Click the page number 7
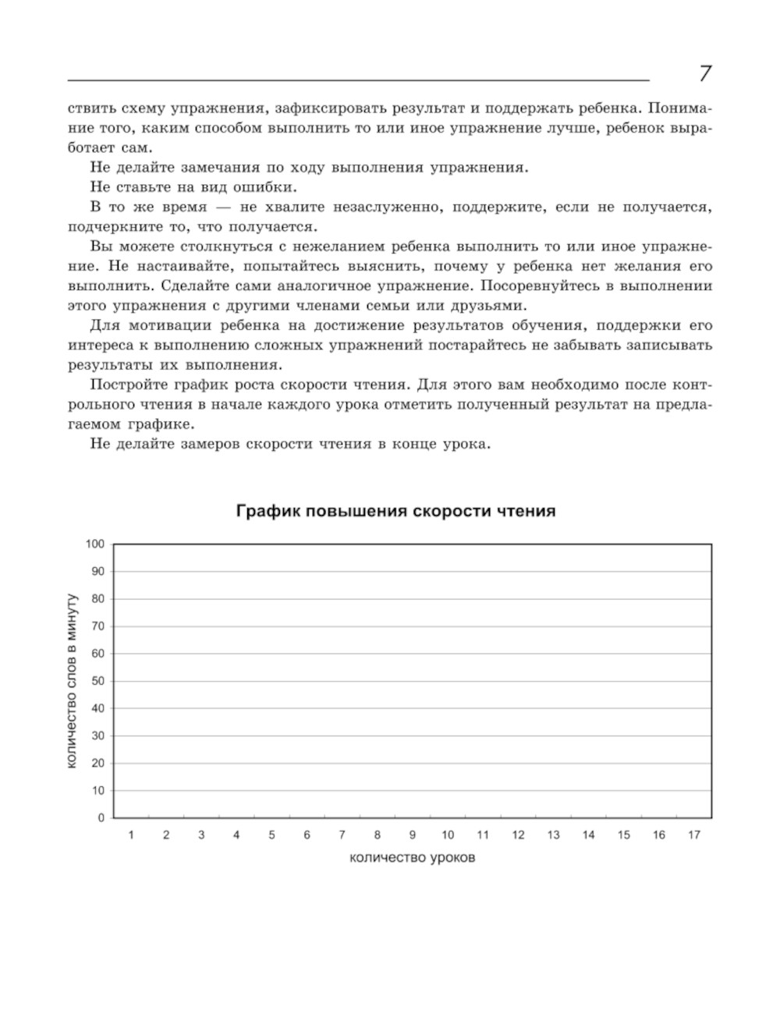[704, 74]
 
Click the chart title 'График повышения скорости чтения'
[395, 512]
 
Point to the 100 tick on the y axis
[95, 544]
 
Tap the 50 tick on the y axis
[98, 681]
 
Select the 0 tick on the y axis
[101, 817]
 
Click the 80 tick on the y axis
[98, 599]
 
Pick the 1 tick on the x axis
[131, 835]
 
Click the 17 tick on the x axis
[693, 835]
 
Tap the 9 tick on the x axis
[413, 835]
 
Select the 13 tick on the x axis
[553, 835]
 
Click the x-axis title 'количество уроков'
[413, 858]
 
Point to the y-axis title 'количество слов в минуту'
[72, 681]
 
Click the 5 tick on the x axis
[271, 835]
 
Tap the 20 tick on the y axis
[98, 763]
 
